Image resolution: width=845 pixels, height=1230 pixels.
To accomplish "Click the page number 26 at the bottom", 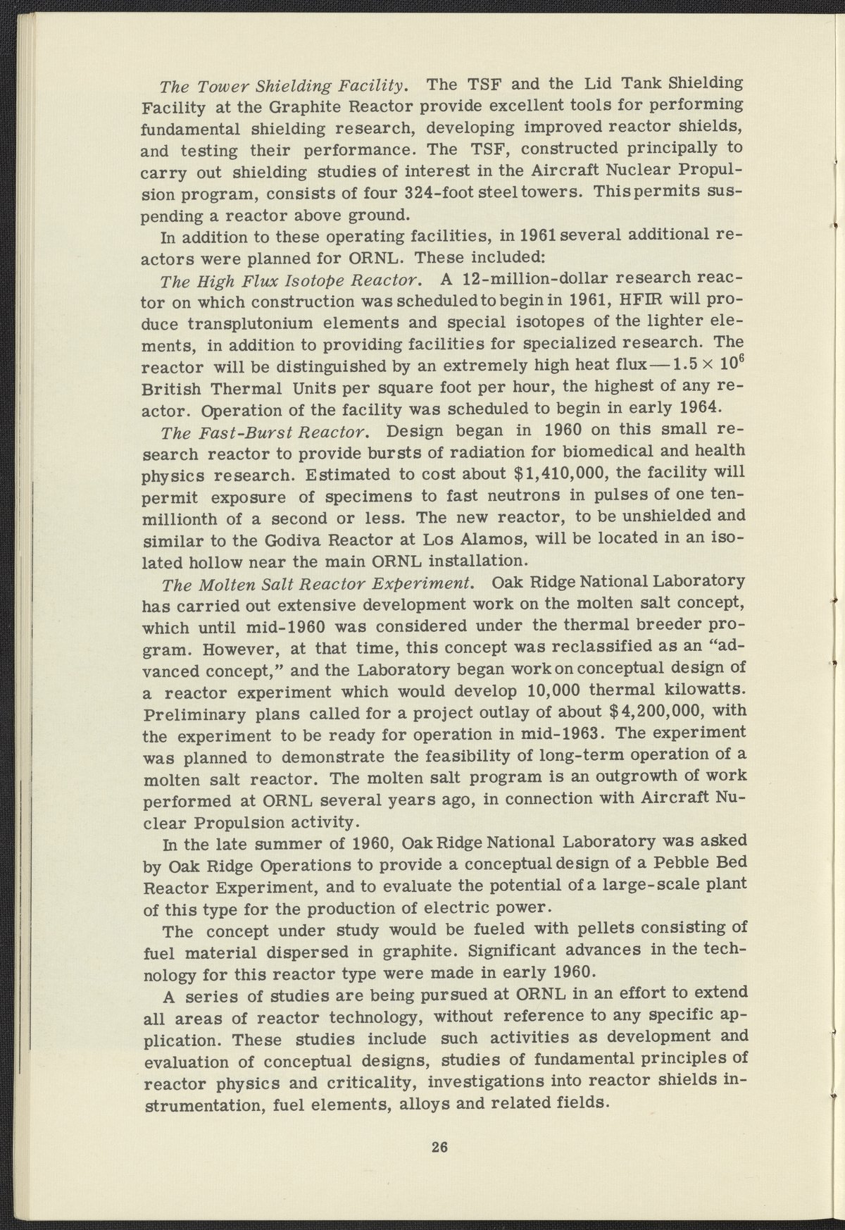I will tap(440, 1147).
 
